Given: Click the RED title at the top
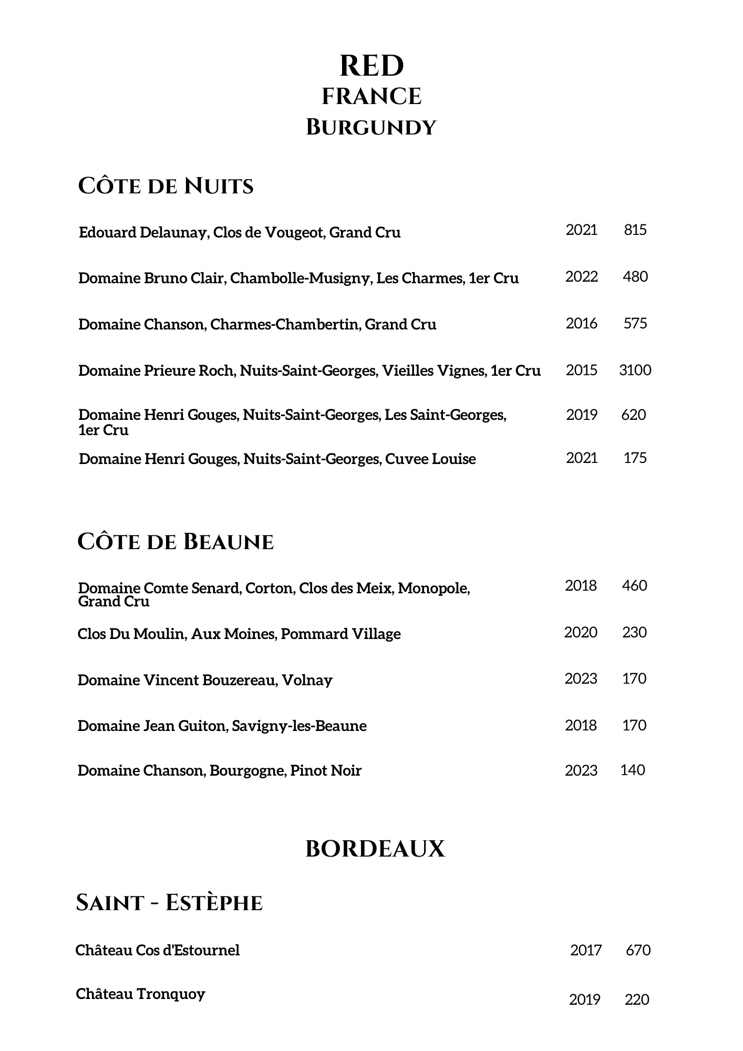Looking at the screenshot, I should [371, 66].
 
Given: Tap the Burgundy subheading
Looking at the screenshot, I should [371, 128].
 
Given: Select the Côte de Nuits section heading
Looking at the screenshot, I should [166, 186].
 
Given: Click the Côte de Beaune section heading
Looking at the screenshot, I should [176, 542].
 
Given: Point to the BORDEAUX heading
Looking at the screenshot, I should [375, 849].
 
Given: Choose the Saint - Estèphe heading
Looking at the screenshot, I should [169, 903].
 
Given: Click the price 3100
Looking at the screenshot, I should [635, 370].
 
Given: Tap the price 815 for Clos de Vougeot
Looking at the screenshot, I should [635, 230].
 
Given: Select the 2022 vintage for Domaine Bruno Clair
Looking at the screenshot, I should [581, 276].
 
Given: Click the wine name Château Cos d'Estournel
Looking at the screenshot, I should [158, 950].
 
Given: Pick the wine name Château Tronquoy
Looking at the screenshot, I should [140, 994].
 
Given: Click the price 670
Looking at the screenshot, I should [638, 950].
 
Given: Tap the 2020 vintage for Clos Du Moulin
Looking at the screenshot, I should [581, 632].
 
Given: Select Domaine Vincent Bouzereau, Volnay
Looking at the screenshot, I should [205, 680].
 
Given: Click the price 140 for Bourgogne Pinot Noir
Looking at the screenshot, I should [633, 770].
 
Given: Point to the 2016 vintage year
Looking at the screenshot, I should [581, 323].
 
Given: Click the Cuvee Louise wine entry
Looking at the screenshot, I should [277, 459].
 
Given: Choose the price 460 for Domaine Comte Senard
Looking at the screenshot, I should [634, 585].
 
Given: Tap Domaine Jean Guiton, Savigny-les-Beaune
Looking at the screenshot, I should [222, 726].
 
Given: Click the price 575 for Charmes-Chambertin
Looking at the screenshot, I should [635, 323].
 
